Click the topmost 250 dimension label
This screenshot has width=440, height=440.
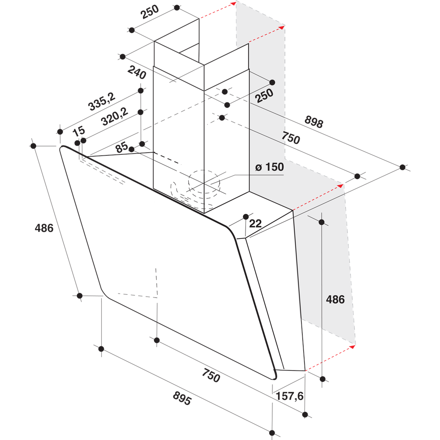(x=149, y=14)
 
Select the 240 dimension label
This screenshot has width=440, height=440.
(x=137, y=72)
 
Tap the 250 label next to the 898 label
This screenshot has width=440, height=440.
(x=265, y=95)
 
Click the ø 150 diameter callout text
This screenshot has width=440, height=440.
(x=269, y=167)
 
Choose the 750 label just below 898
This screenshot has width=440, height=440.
(x=290, y=138)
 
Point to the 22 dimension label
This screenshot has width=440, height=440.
(x=255, y=224)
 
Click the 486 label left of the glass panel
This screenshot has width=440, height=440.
(x=44, y=228)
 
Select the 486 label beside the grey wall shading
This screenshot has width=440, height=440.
(x=335, y=300)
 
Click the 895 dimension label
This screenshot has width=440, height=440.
(x=182, y=400)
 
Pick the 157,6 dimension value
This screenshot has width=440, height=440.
(x=289, y=396)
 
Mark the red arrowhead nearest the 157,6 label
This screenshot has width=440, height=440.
(x=352, y=347)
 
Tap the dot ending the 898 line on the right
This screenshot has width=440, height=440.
(x=403, y=167)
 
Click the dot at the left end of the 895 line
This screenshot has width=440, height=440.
(x=101, y=349)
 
